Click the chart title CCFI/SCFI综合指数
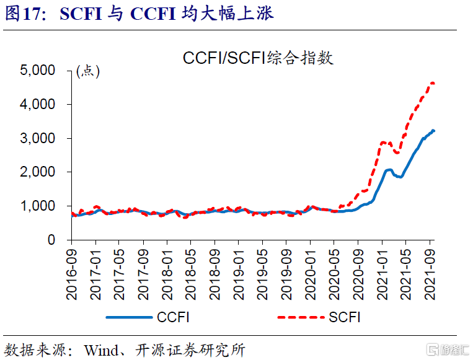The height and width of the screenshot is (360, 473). point(258,58)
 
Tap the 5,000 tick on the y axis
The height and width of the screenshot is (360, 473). point(38,71)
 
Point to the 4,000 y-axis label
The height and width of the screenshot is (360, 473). point(38,105)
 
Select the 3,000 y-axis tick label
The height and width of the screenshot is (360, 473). point(38,138)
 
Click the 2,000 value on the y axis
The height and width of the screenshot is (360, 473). point(38,172)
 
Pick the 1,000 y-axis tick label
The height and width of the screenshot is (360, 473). point(38,206)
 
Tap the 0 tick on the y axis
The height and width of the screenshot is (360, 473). point(51,239)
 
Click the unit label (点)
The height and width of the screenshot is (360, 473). point(87,71)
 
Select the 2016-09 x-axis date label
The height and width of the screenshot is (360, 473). point(73,267)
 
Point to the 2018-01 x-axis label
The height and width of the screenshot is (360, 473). point(167,267)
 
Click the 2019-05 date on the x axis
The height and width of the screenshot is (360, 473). point(262,267)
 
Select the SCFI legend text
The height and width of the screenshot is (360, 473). point(345,318)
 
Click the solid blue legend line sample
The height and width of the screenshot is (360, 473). point(129,318)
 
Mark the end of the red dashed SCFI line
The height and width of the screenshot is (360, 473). point(433,83)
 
